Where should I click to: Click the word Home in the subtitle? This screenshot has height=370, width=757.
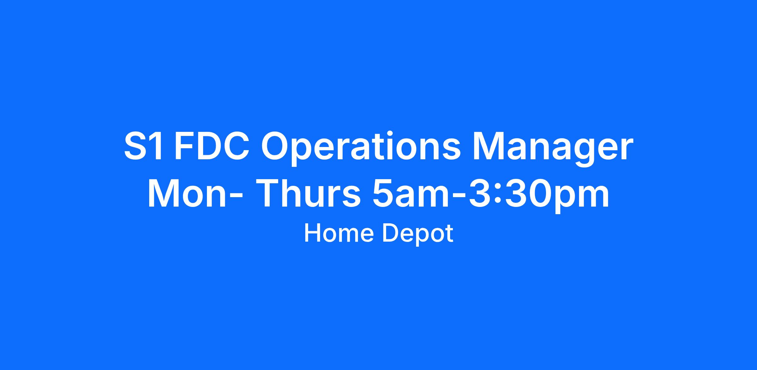tap(339, 233)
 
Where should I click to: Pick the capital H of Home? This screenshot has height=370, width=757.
tap(312, 233)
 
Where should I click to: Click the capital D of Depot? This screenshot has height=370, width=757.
tap(390, 233)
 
